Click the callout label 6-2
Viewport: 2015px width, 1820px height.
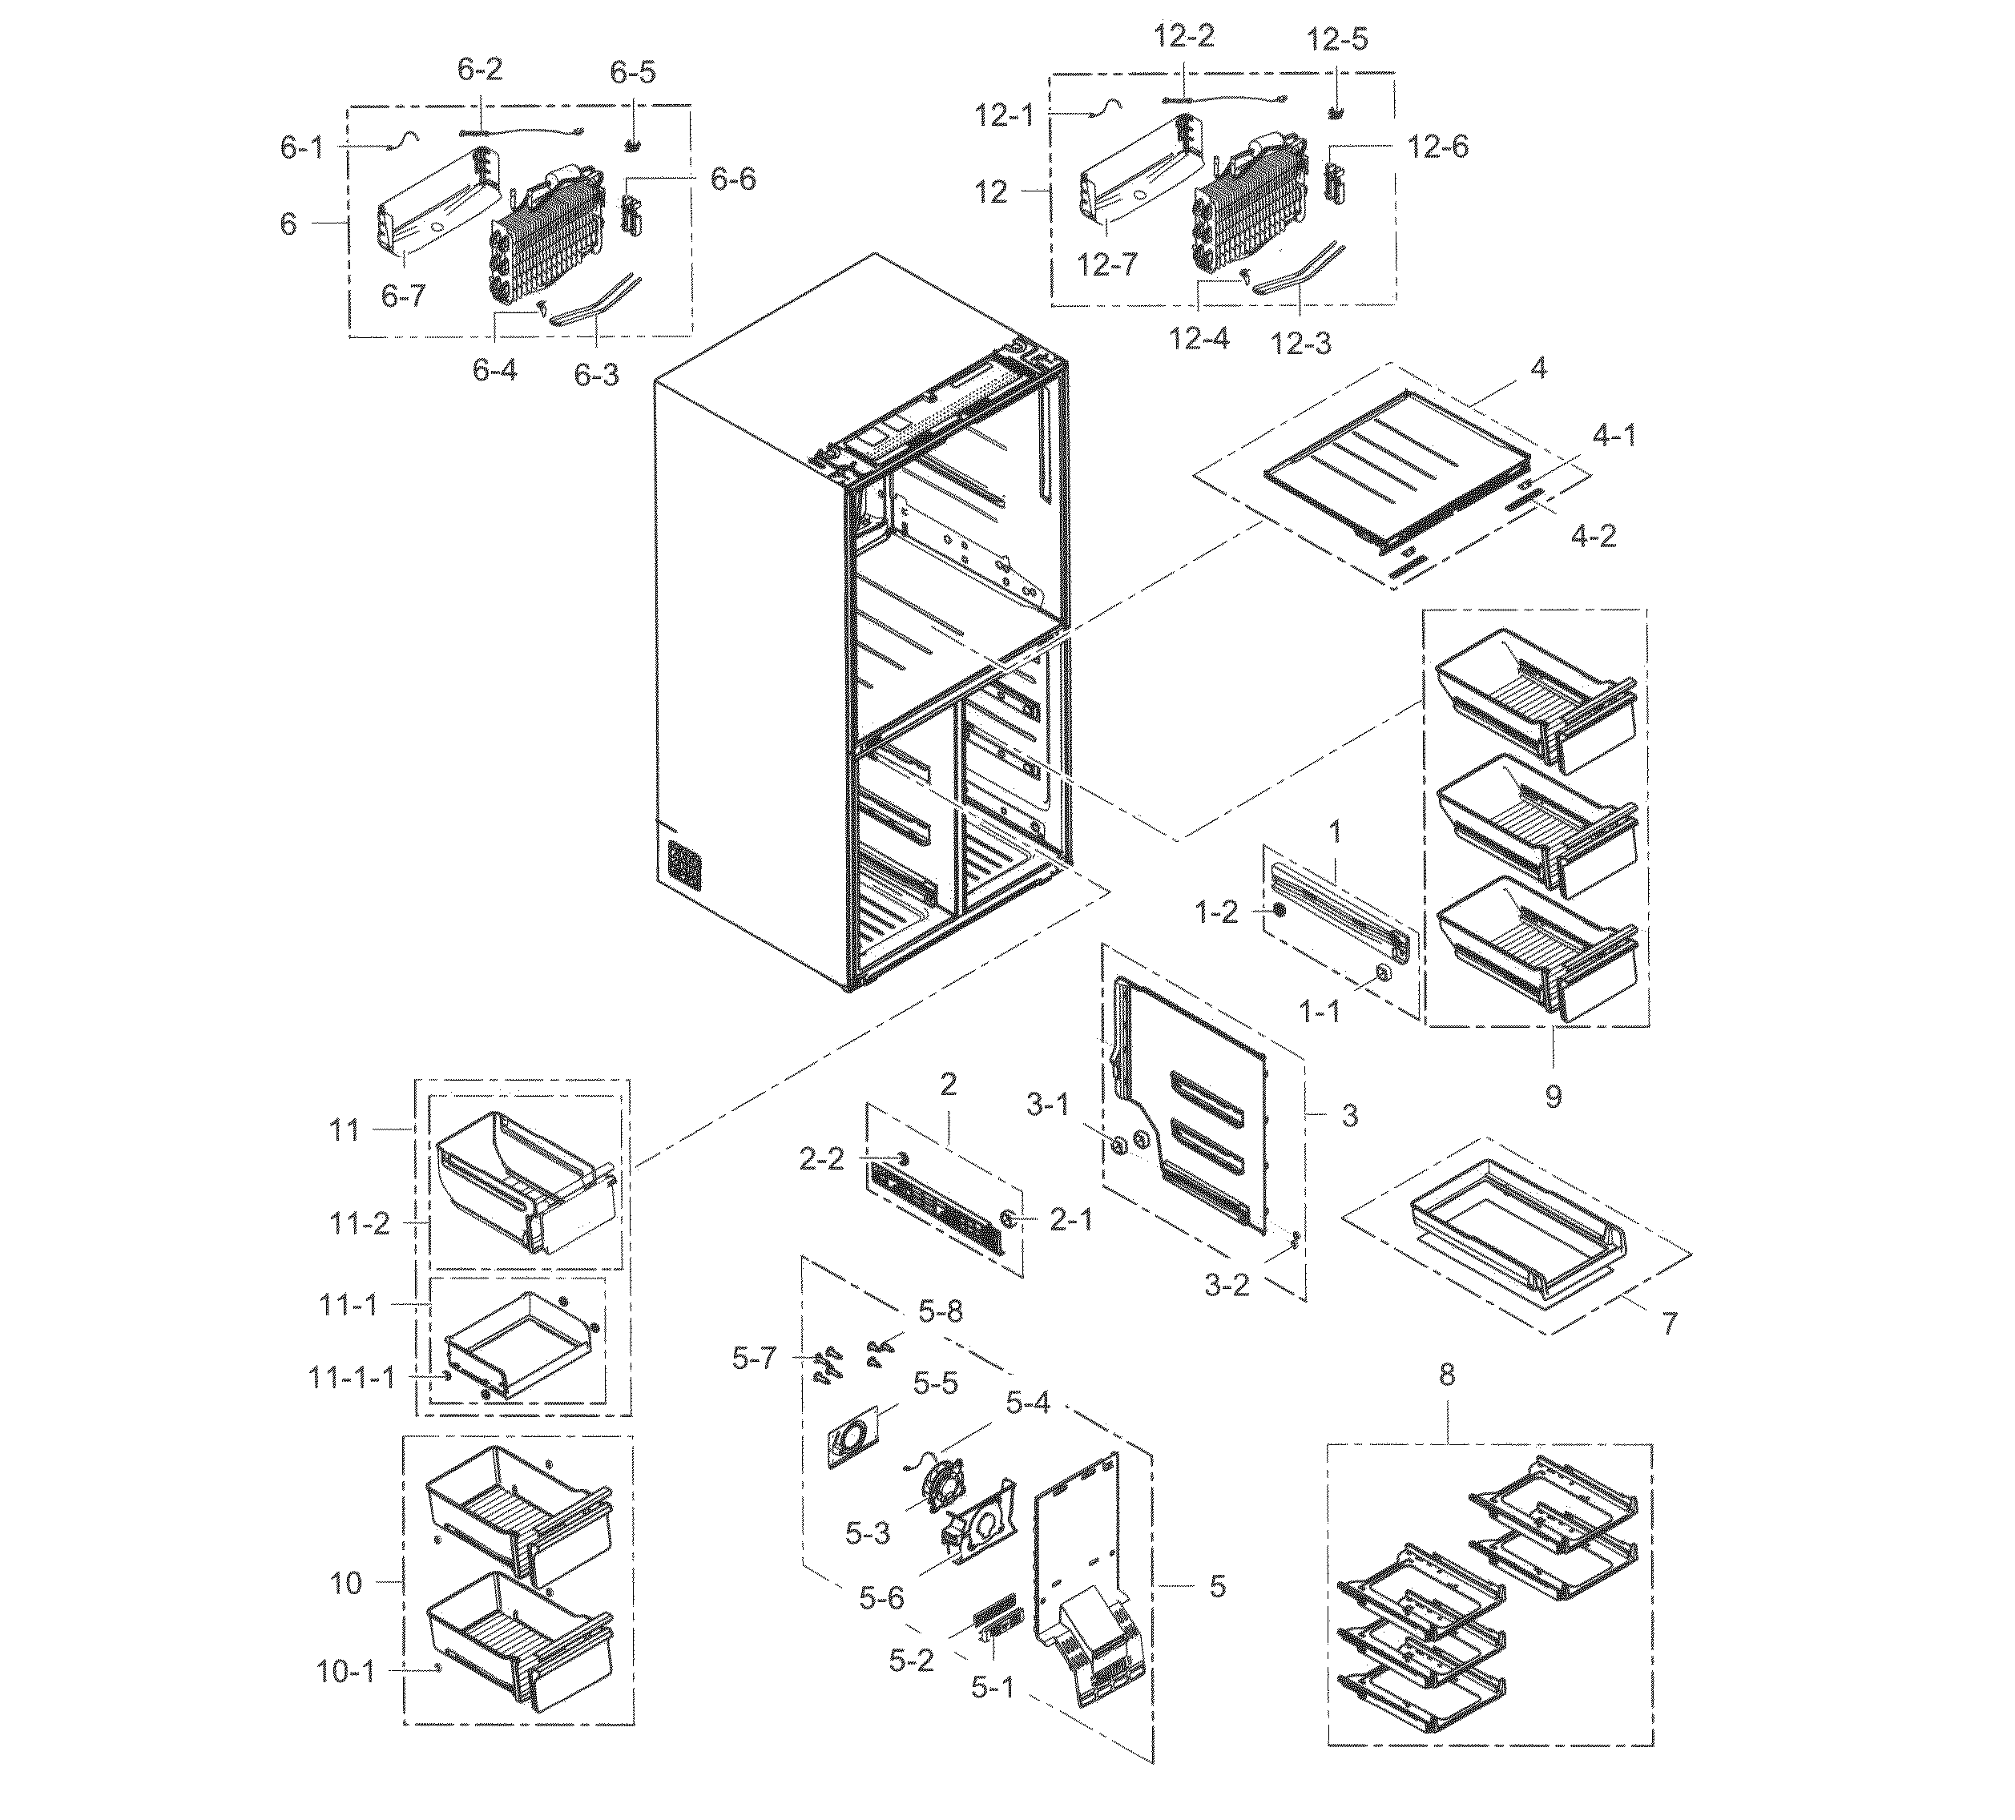coord(480,70)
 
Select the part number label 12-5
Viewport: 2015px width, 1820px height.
coord(1336,40)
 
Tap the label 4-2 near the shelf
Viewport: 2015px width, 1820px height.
coord(1594,537)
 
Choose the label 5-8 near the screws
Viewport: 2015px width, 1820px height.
coord(941,1311)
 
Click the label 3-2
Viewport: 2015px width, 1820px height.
coord(1227,1284)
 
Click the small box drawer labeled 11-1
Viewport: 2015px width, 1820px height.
coord(520,1344)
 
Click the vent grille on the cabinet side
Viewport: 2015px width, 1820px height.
coord(685,864)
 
